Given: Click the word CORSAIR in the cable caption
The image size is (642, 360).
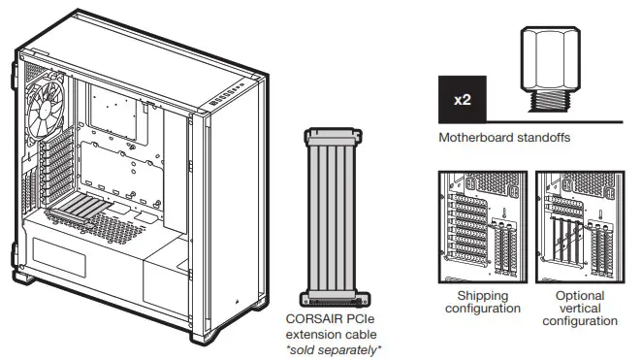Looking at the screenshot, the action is (310, 316).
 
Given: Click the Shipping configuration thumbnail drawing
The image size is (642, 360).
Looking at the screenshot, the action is (483, 225).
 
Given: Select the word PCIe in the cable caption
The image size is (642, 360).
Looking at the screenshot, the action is (360, 316).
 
